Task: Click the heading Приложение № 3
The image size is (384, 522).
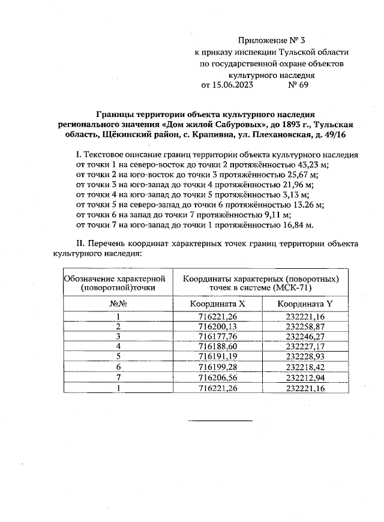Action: [272, 41]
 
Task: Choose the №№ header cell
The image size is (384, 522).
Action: [118, 304]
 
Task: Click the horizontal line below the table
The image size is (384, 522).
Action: [220, 420]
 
